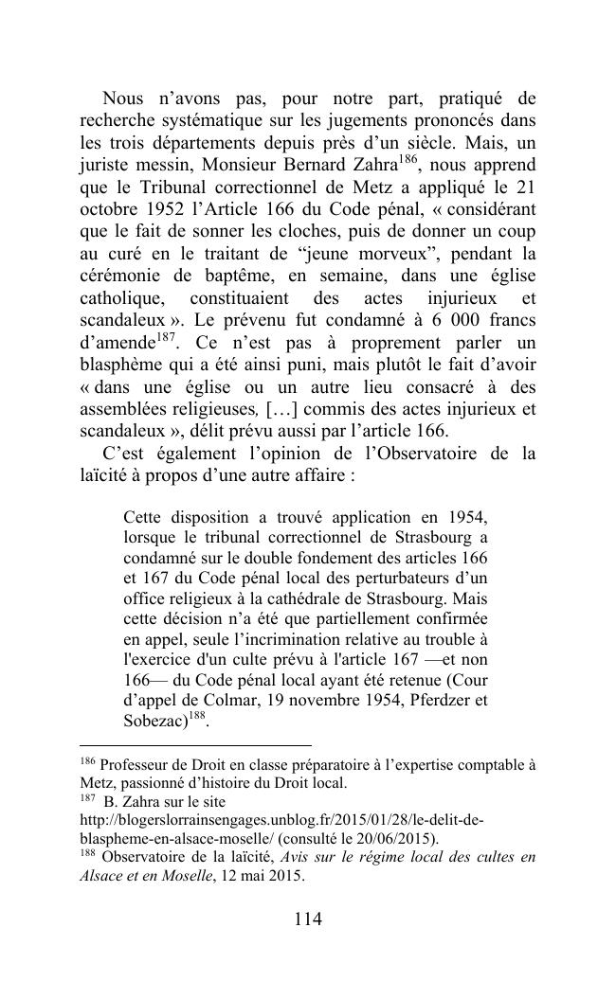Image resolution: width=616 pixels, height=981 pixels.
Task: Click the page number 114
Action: point(308,919)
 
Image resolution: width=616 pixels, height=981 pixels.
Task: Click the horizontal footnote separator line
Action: point(195,745)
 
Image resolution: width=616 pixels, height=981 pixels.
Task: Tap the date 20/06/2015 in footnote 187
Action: point(395,840)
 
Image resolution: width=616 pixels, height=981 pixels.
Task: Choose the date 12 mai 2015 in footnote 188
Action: point(262,877)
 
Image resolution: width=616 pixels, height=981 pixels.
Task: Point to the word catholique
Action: point(122,298)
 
